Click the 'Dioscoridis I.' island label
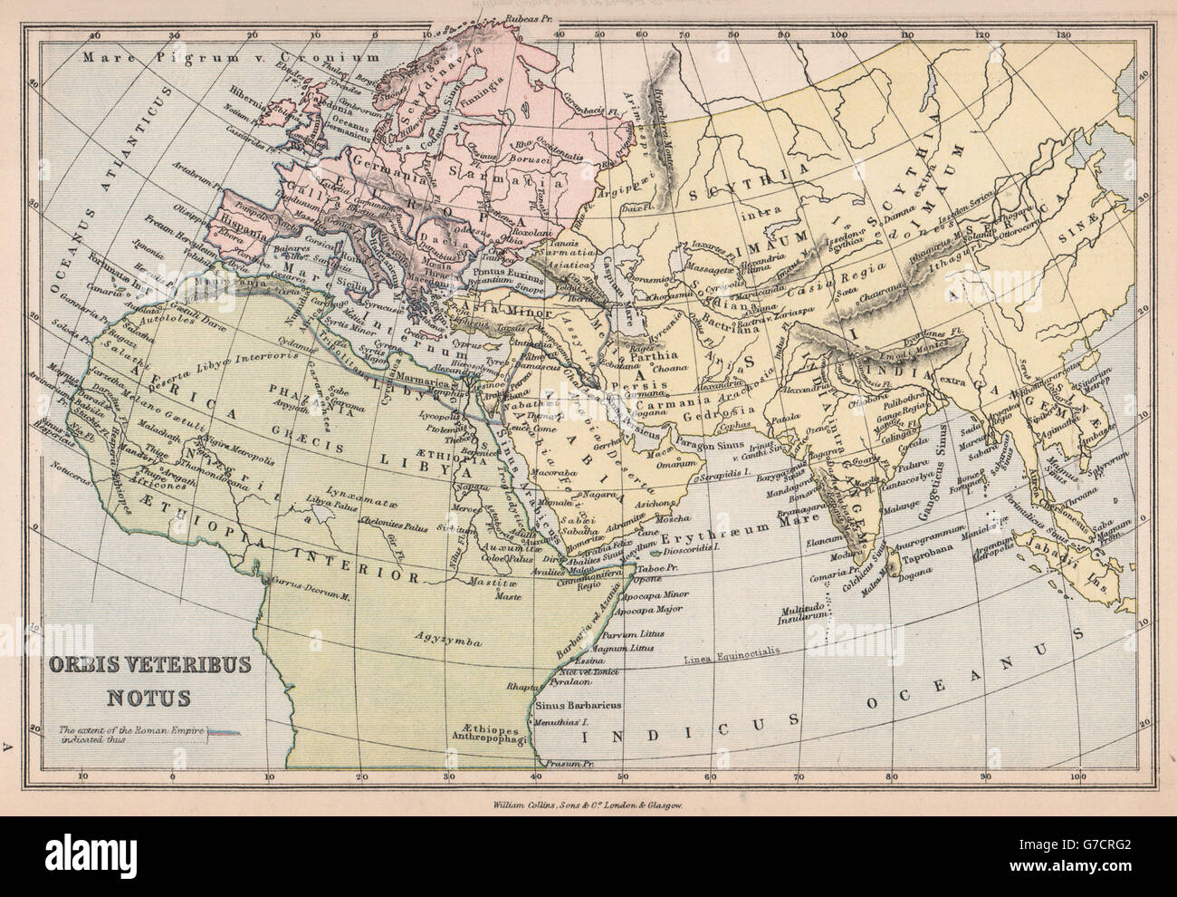pyautogui.click(x=692, y=549)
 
